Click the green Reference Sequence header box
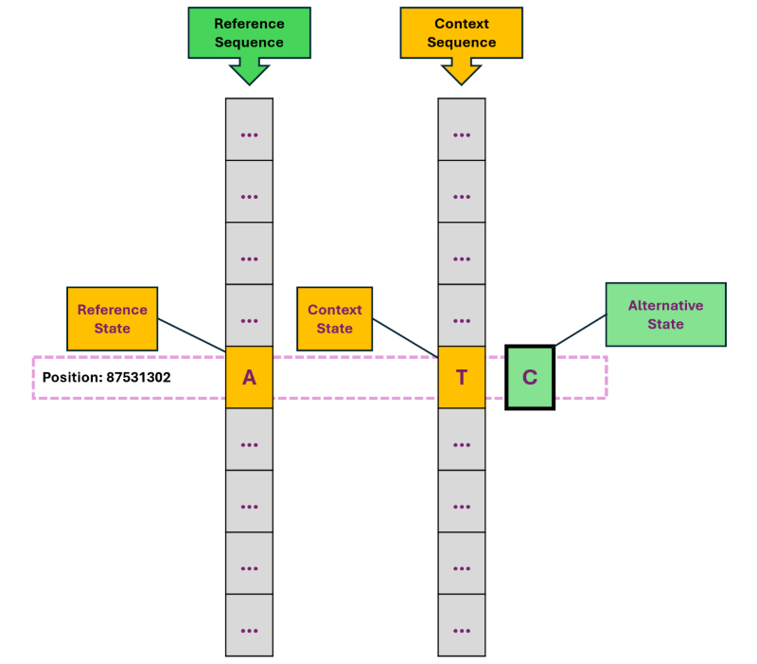(249, 32)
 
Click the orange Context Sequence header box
(461, 32)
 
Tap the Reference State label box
(112, 318)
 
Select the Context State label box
(334, 318)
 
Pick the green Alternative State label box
(665, 314)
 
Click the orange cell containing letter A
(249, 377)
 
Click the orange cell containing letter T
(461, 377)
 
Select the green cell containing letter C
(530, 377)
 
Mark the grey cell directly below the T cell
(461, 440)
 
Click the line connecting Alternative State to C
(579, 330)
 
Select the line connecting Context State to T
(405, 337)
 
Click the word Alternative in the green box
(665, 306)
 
